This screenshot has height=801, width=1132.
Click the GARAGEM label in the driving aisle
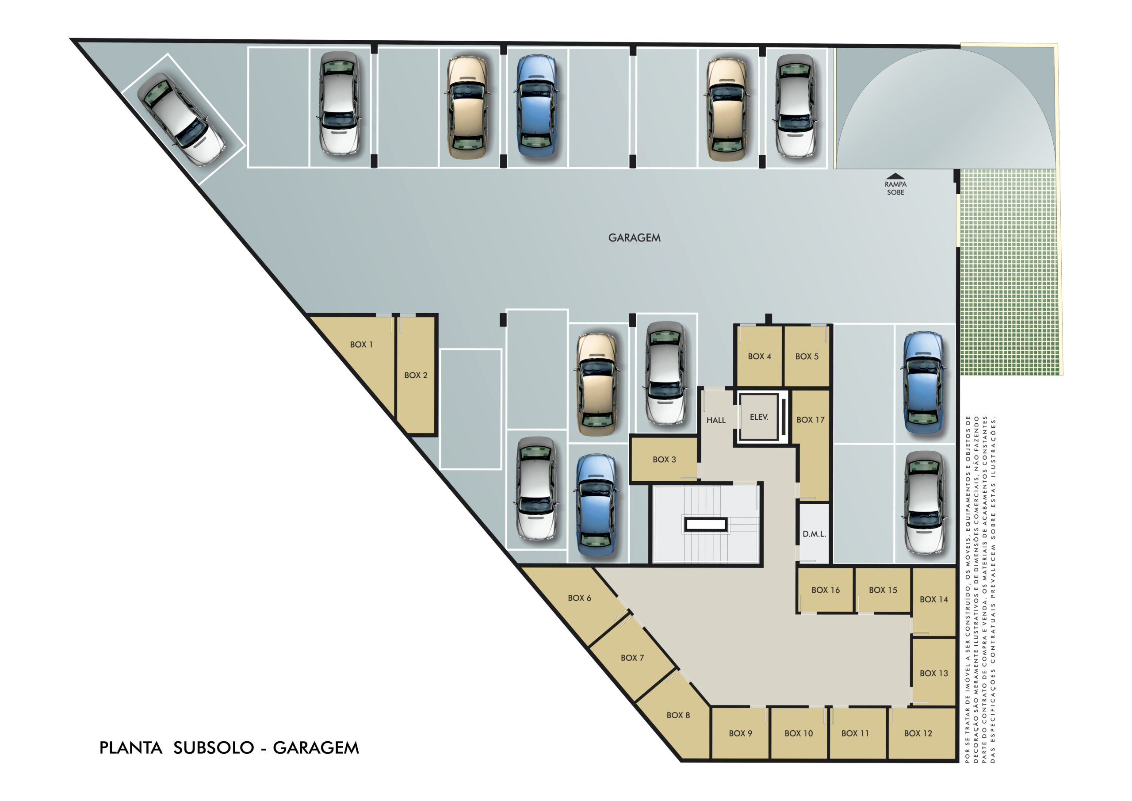pos(634,238)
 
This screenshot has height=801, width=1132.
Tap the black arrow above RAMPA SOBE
pos(895,176)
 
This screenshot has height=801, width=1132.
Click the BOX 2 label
pos(416,376)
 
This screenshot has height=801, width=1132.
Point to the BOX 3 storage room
pos(664,459)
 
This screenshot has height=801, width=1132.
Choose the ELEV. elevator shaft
pos(759,417)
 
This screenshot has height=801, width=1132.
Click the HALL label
pos(716,420)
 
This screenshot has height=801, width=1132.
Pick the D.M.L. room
pos(814,533)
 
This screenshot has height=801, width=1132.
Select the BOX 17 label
pos(811,420)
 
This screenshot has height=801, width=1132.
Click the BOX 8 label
pos(678,715)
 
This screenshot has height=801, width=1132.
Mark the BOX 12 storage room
pos(922,733)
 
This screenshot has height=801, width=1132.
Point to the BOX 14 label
pos(934,599)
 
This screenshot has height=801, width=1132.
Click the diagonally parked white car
pos(181,119)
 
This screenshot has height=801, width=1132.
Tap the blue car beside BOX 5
pos(924,383)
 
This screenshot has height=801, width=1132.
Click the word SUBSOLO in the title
pos(214,748)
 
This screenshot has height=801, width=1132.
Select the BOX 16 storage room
pos(825,590)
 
